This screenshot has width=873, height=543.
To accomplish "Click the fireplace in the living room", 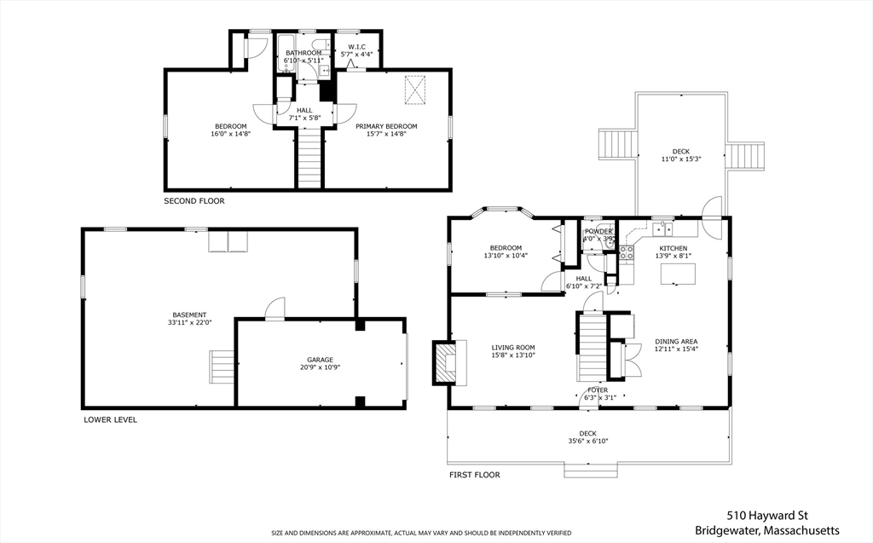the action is click(448, 362).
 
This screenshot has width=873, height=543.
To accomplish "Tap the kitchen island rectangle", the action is click(678, 274).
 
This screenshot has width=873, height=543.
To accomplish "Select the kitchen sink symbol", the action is click(662, 229).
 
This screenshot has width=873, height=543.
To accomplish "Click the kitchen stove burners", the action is click(627, 252).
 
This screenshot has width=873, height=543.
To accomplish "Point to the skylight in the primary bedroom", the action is click(414, 90).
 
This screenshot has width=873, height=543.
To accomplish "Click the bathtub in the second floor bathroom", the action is click(286, 54).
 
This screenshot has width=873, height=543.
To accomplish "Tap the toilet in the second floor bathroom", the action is click(321, 45).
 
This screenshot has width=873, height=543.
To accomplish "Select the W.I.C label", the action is click(356, 48).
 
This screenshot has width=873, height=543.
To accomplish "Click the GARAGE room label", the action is click(321, 360).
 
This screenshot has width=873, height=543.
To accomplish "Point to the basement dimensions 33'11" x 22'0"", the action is click(190, 322).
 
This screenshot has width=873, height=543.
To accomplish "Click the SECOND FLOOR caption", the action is click(194, 201).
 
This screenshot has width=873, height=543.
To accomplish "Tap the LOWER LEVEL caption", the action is click(110, 420).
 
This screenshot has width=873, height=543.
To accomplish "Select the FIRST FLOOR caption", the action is click(475, 475).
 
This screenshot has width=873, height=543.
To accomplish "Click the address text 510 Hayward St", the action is click(767, 517).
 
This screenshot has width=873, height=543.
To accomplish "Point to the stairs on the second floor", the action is click(309, 158).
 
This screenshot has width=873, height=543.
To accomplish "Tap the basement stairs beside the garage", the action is click(221, 366).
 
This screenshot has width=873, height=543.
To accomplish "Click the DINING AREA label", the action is click(676, 342).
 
